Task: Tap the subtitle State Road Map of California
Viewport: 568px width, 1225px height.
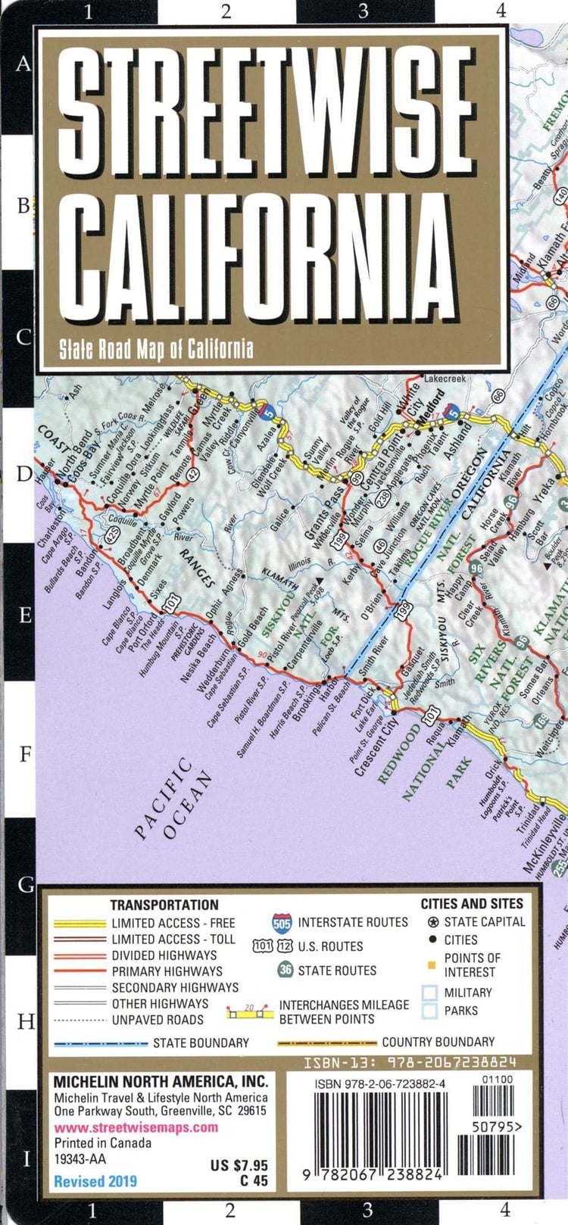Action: pos(156,349)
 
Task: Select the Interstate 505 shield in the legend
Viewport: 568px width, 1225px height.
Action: pos(282,922)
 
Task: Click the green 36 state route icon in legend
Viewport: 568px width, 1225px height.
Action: pos(285,970)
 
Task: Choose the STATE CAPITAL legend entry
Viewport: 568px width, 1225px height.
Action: pos(483,921)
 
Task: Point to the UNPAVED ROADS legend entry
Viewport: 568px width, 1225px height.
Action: pos(158,1020)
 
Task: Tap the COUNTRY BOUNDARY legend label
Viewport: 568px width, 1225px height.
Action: pos(438,1042)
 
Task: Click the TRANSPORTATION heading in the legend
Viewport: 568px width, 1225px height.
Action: pos(164,905)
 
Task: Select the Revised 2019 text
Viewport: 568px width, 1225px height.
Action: pos(95,1181)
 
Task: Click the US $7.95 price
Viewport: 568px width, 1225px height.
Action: pos(239,1165)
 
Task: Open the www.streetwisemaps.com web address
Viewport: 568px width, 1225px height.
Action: pos(136,1127)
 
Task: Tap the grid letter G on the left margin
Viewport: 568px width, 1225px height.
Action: pos(25,884)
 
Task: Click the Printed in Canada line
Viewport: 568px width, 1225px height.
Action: pos(102,1142)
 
